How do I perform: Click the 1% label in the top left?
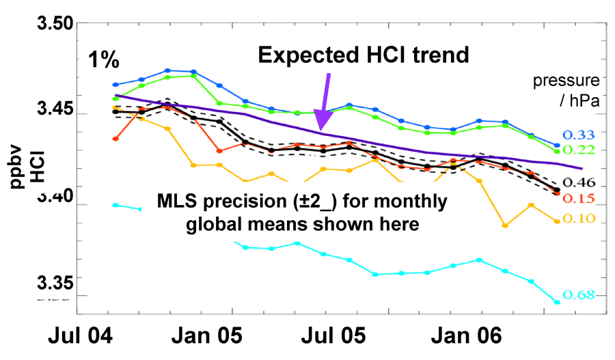click(104, 60)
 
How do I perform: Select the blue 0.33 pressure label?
click(579, 135)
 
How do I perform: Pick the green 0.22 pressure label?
click(579, 150)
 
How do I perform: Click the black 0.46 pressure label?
click(579, 182)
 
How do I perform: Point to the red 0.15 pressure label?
click(579, 199)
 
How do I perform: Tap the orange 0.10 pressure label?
click(579, 219)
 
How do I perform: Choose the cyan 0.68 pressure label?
click(579, 295)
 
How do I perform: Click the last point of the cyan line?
click(557, 302)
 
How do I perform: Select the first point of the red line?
click(116, 139)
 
